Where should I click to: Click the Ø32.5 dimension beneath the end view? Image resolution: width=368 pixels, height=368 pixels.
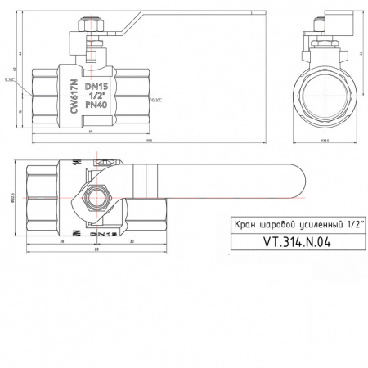coord(325,141)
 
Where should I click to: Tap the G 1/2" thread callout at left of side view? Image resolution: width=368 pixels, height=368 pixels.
coord(10,80)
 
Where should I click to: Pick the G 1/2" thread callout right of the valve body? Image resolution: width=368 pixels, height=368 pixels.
coord(156,100)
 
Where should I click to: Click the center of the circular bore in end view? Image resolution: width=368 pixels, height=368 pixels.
coord(325,99)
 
